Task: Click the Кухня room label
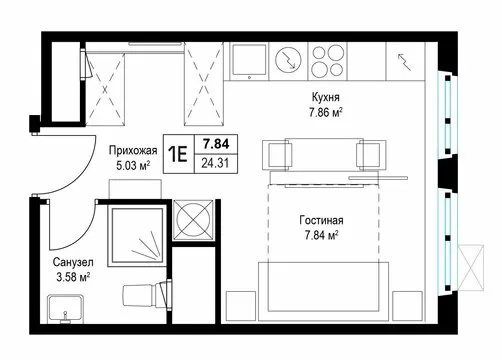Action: click(x=326, y=97)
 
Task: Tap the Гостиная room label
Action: click(x=321, y=220)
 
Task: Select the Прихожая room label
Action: click(x=133, y=150)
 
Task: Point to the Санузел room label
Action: click(x=73, y=262)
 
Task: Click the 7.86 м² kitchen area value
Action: click(x=326, y=113)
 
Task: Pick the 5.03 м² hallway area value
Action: click(x=133, y=165)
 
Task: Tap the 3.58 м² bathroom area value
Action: click(x=73, y=277)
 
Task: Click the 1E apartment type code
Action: click(x=178, y=154)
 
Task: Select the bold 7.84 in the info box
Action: click(x=216, y=144)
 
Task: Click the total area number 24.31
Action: click(x=215, y=163)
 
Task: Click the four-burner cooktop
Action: click(x=327, y=61)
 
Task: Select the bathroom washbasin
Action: click(x=65, y=309)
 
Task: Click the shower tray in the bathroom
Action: click(x=137, y=235)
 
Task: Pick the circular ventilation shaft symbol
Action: click(x=193, y=220)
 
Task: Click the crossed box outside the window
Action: click(x=471, y=268)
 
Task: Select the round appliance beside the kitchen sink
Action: click(x=288, y=60)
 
